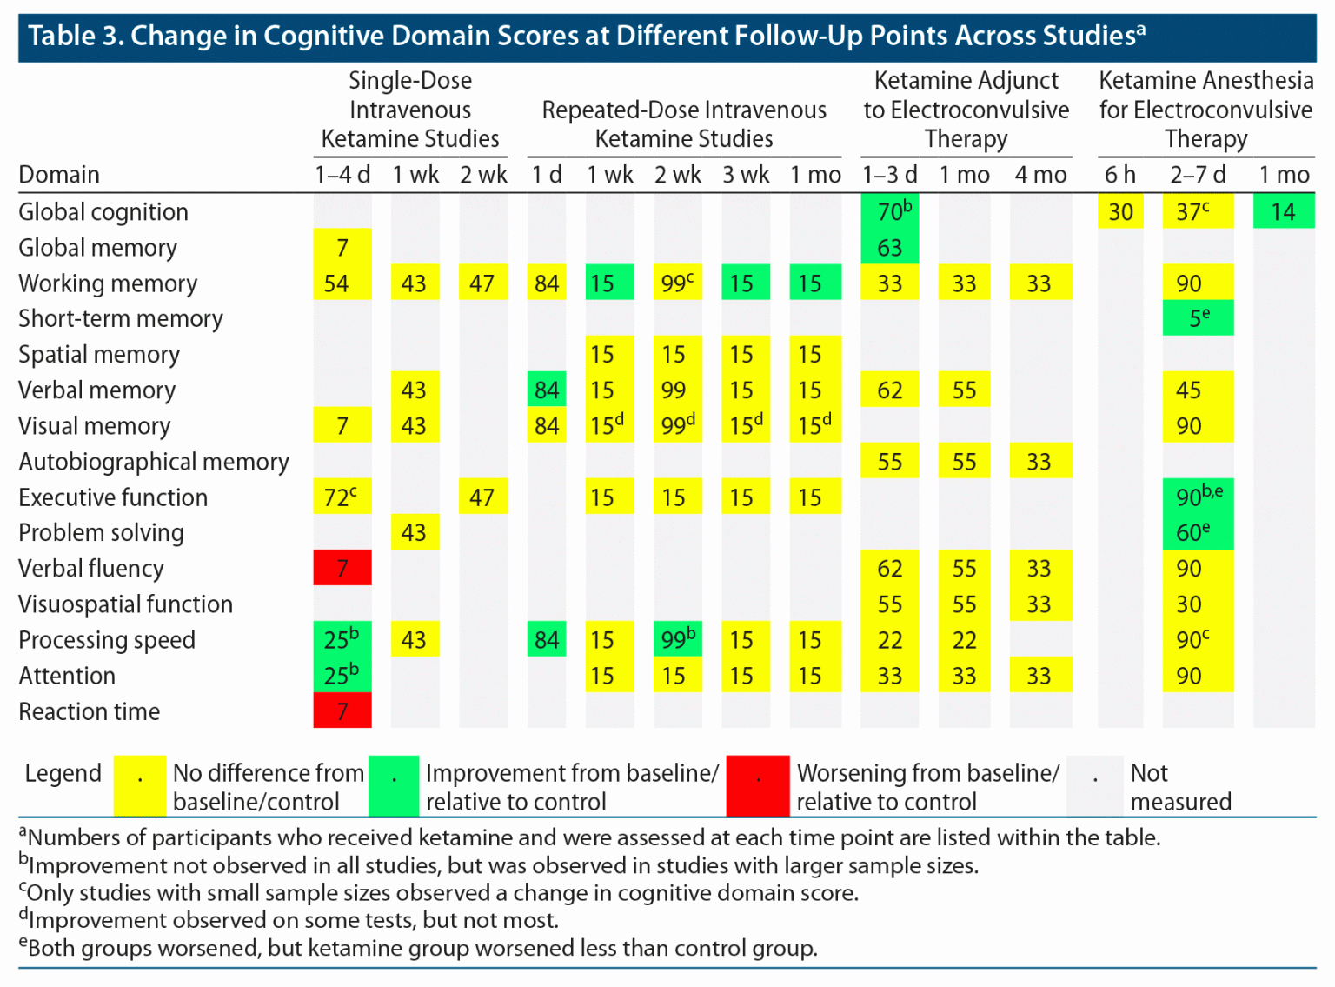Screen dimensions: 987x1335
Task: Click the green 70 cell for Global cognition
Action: (889, 211)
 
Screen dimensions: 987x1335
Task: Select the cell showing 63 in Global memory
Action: (889, 248)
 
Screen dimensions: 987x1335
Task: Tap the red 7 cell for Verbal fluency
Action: (342, 568)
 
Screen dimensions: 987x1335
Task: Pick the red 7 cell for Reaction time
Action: (342, 710)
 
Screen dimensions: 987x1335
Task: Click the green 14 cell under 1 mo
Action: (1283, 211)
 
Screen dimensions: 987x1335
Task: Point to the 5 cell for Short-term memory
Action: (1198, 318)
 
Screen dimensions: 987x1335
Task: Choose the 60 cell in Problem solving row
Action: (1198, 532)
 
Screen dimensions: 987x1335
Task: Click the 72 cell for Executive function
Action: (342, 497)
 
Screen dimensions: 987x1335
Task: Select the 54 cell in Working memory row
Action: (342, 283)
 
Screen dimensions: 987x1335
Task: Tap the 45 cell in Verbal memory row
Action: (1198, 390)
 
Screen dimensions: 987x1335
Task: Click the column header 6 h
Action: (1119, 175)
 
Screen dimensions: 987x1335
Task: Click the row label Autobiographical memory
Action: (154, 462)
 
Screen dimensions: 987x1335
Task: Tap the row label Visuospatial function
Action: (126, 604)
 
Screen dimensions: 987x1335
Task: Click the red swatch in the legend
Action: (758, 785)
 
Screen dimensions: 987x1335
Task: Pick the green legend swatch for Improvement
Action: (394, 785)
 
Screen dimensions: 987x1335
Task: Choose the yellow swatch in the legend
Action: (140, 785)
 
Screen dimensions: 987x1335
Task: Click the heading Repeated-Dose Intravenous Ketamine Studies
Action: (684, 123)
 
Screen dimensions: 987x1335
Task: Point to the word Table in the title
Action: (62, 36)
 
